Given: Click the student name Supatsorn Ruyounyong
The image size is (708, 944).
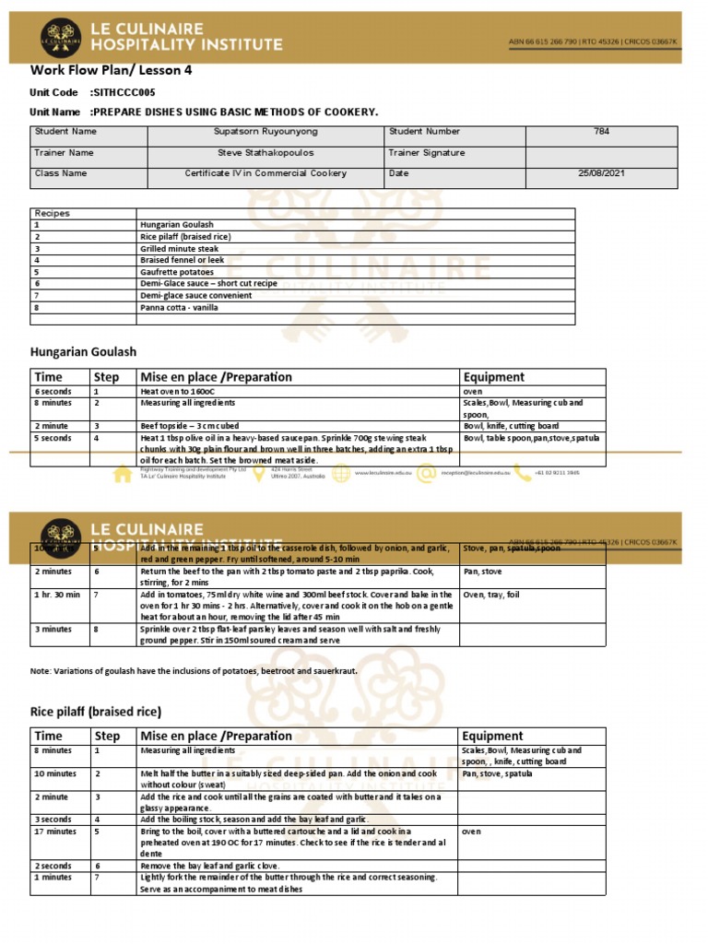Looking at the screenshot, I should [265, 132].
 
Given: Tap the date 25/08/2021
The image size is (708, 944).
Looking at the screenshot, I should [600, 173].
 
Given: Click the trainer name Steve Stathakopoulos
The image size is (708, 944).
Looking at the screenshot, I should [265, 153].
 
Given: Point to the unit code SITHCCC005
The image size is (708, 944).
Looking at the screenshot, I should [123, 92].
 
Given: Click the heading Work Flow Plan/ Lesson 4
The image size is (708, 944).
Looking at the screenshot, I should [111, 70].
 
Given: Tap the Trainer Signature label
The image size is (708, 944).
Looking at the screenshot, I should [427, 153].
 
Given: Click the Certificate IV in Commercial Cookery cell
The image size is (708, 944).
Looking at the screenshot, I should [265, 173].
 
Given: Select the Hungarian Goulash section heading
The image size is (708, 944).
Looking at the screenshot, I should [83, 352].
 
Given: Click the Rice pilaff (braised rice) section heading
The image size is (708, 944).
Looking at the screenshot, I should [96, 712].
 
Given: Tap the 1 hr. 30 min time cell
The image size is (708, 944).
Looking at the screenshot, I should [57, 596].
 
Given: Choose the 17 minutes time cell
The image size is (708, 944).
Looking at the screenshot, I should [56, 832].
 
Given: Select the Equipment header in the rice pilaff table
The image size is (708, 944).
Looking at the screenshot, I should [493, 737].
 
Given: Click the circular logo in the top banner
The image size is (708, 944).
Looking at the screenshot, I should [61, 38].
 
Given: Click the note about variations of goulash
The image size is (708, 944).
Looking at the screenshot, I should [194, 672].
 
